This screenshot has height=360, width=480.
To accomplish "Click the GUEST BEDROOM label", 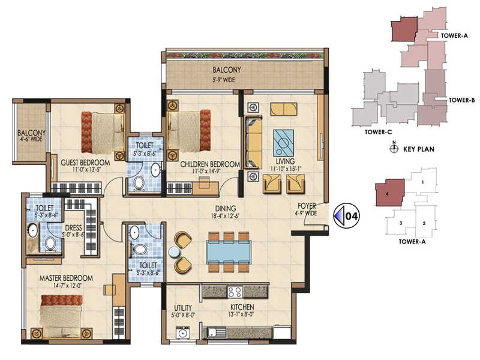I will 85,163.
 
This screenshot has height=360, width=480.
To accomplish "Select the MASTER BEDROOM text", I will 66,278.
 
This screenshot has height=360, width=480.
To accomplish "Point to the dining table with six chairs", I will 229,251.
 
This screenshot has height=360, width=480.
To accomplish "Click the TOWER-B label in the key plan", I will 462,100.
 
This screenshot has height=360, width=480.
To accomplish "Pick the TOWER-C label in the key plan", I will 378,131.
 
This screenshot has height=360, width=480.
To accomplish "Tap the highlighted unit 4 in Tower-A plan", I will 389,194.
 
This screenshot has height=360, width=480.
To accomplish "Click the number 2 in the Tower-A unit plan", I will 424,224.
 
